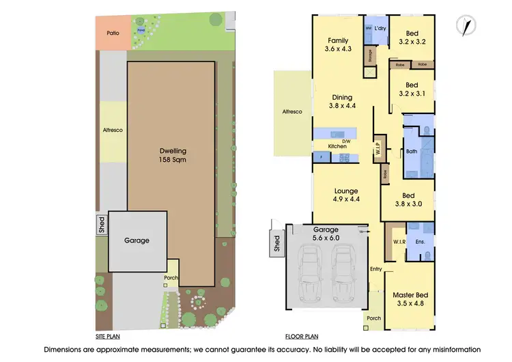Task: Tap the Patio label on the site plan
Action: click(x=114, y=32)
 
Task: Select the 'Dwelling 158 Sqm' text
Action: click(x=173, y=155)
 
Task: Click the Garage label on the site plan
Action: click(x=137, y=240)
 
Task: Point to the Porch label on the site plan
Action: click(x=171, y=277)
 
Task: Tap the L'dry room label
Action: click(x=380, y=28)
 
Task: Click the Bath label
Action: click(x=411, y=152)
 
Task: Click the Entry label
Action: click(x=375, y=268)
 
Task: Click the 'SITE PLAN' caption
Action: click(x=109, y=337)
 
